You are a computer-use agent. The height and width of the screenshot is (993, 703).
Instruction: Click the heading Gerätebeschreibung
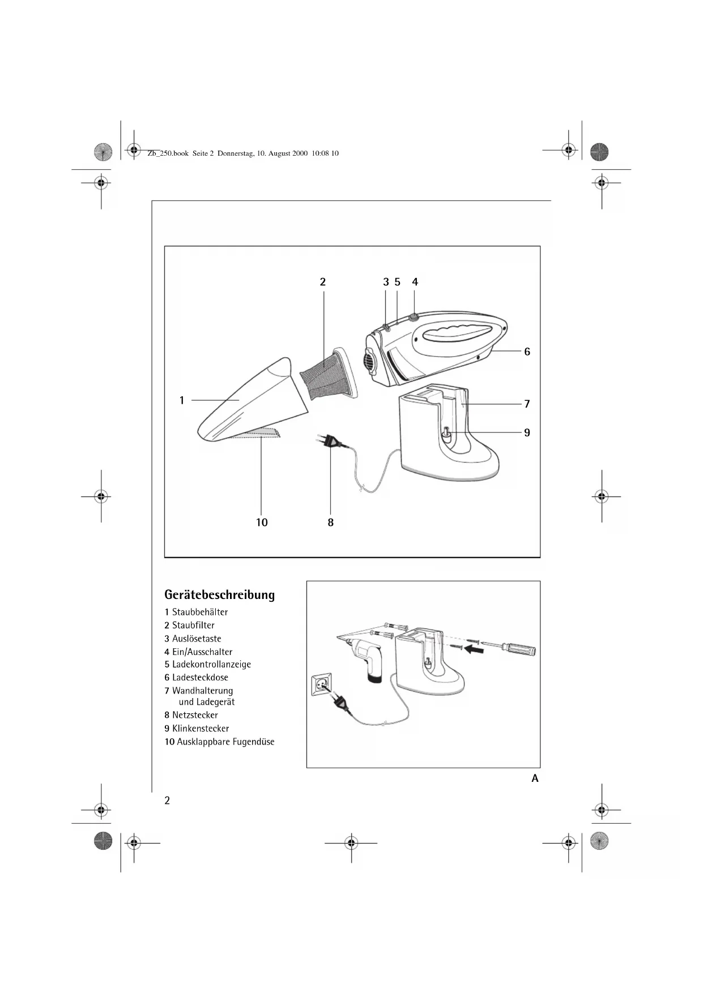click(x=219, y=595)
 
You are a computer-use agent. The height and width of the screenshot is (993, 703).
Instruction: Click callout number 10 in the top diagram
click(x=262, y=523)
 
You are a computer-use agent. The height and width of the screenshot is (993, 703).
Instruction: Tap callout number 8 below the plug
click(x=331, y=523)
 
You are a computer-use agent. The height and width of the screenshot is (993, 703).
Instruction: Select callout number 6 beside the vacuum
click(x=527, y=352)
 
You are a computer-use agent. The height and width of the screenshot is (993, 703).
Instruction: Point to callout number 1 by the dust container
click(x=182, y=400)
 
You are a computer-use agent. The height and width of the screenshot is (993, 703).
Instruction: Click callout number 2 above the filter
click(x=323, y=282)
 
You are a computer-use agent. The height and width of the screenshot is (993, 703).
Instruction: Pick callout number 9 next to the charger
click(x=527, y=433)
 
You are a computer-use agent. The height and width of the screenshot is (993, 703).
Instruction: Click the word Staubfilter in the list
click(x=193, y=625)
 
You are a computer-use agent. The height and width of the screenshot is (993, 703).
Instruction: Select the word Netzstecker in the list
click(x=195, y=715)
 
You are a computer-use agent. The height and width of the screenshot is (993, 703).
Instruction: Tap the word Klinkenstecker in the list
click(x=201, y=729)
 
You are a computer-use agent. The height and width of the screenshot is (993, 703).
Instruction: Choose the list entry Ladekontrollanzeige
click(x=211, y=664)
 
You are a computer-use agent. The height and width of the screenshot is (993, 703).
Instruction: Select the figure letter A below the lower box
click(x=535, y=778)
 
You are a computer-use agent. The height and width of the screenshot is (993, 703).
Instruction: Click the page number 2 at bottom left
click(x=167, y=800)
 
